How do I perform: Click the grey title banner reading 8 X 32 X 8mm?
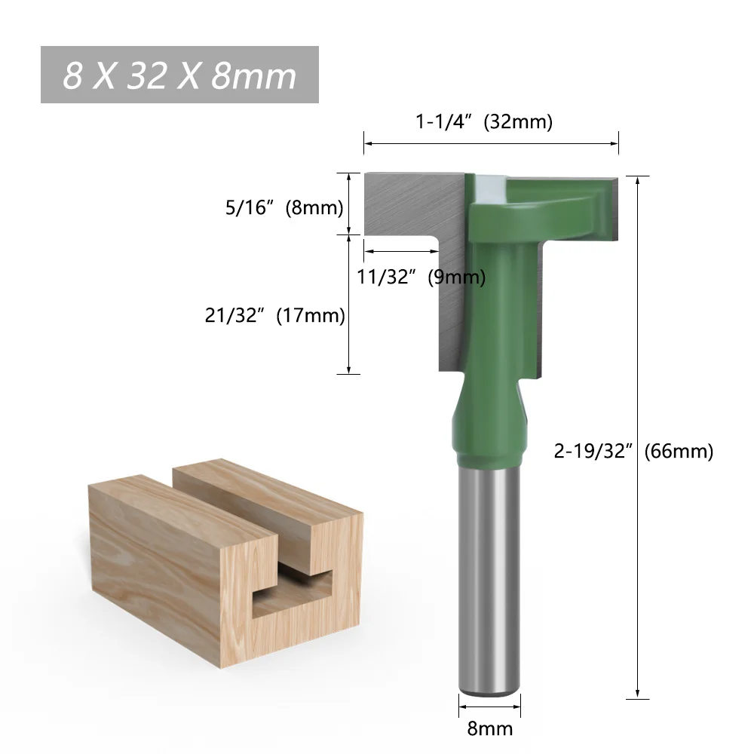179,75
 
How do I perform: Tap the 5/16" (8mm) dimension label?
284,207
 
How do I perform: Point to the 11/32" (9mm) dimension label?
421,277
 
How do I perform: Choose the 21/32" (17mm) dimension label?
274,316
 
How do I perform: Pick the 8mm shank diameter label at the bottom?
489,728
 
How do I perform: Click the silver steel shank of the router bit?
489,573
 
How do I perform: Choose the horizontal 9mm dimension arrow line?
400,251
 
